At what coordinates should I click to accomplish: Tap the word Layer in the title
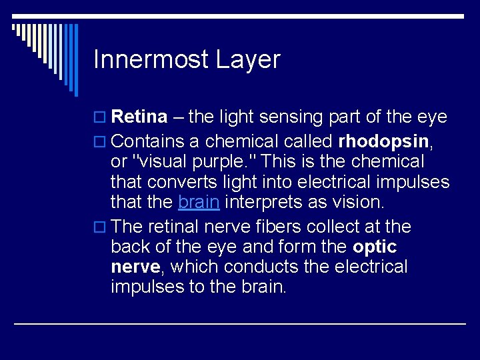(248, 60)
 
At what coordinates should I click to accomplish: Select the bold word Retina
(139, 117)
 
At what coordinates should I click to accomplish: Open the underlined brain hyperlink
(199, 202)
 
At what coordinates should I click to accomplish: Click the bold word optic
(375, 247)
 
